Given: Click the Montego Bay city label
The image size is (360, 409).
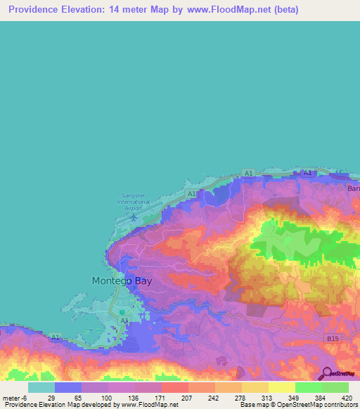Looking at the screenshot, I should click(122, 280).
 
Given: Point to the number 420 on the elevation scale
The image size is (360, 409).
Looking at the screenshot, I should click(347, 398).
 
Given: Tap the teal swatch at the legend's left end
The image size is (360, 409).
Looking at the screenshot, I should click(41, 387).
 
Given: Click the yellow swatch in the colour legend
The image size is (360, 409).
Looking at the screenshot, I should click(281, 387).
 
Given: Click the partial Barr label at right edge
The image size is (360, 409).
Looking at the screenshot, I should click(353, 188).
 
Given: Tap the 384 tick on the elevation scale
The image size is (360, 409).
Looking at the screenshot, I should click(321, 398).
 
